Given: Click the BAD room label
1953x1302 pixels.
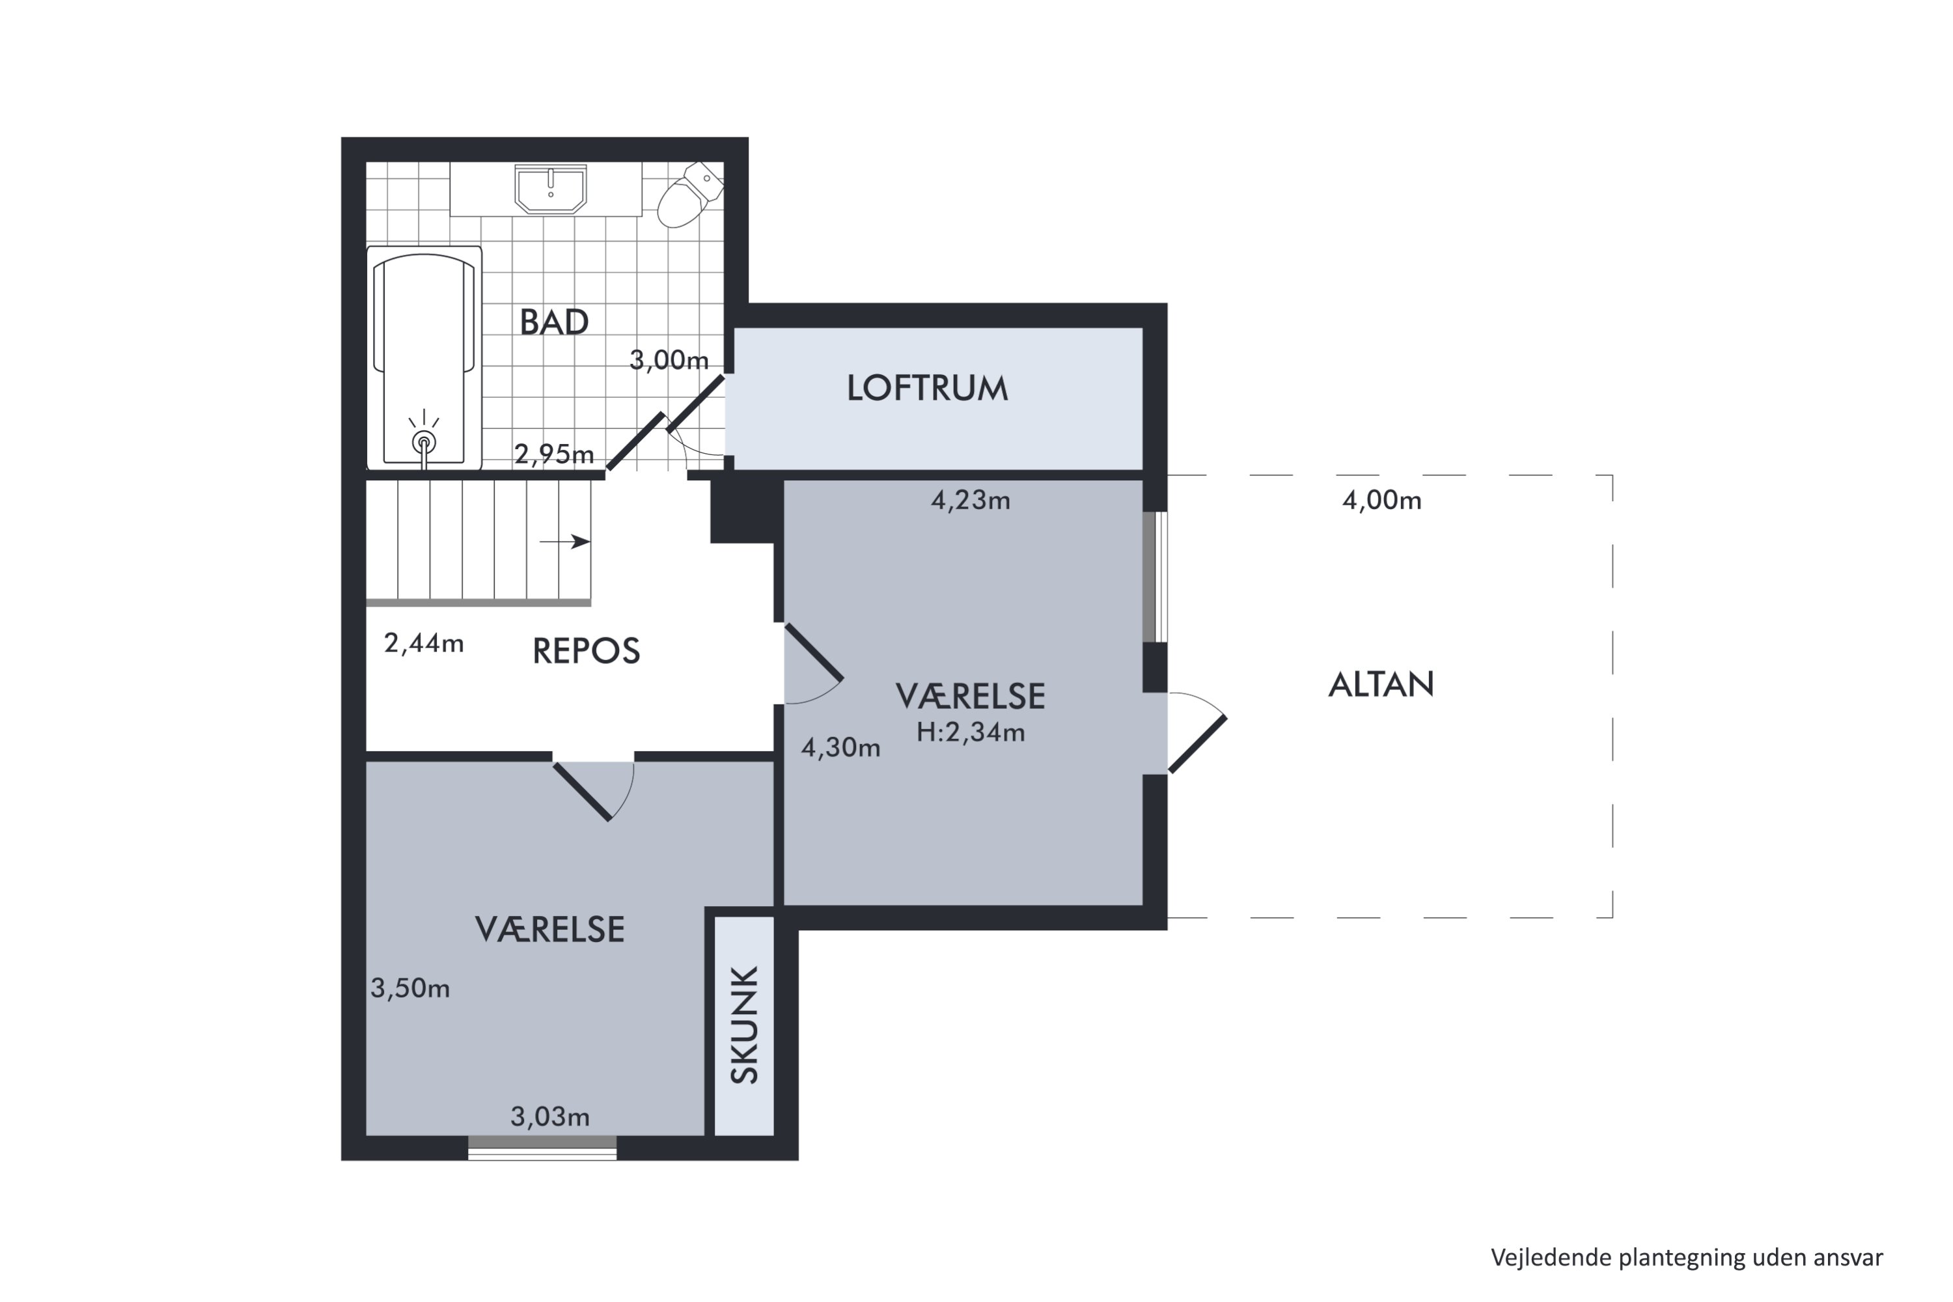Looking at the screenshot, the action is (x=554, y=322).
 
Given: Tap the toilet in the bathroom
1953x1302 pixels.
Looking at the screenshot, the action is (x=689, y=195).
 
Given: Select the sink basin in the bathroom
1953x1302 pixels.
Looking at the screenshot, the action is (x=551, y=189).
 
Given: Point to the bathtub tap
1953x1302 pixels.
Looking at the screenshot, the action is (x=424, y=441).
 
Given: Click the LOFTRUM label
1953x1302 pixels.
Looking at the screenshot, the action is (x=928, y=389).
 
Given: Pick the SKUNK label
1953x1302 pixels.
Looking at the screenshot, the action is (x=745, y=1025).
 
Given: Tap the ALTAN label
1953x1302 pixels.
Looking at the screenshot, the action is (x=1381, y=684).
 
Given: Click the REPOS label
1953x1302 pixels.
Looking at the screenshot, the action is (x=587, y=651).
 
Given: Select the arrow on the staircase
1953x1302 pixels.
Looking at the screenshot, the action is (x=566, y=542).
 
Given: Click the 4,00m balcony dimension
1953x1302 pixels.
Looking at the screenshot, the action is (x=1381, y=501).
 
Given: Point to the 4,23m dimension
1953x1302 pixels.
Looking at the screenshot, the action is (x=970, y=501).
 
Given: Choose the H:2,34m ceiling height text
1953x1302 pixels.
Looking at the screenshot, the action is (x=971, y=732).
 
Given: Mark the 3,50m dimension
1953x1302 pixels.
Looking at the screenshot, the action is (x=410, y=988).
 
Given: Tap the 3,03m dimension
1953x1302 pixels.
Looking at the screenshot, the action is (x=549, y=1118).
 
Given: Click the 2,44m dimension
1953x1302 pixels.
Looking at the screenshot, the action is (x=424, y=644).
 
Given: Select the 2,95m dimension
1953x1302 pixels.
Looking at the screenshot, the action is (x=554, y=454).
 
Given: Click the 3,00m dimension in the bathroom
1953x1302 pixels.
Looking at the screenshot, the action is (x=669, y=361).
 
